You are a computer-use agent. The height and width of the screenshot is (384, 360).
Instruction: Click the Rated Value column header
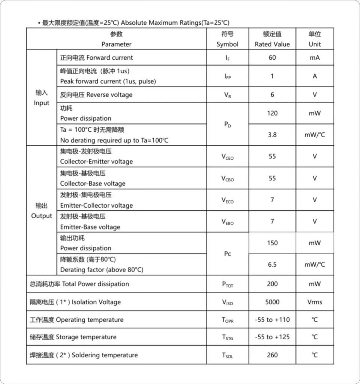point(272,39)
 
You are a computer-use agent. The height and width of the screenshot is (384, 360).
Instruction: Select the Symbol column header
point(227,39)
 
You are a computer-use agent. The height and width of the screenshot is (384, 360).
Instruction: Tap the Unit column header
point(315,39)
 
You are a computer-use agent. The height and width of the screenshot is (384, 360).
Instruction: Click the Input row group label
point(42,98)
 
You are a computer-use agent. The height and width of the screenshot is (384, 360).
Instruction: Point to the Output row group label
point(42,211)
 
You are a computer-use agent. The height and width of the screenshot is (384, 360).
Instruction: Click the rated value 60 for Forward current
point(272,58)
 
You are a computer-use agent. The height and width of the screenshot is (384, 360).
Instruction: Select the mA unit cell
point(315,58)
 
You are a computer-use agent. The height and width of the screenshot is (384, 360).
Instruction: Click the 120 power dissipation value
point(272,113)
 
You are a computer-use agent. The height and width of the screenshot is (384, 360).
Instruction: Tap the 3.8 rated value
point(272,135)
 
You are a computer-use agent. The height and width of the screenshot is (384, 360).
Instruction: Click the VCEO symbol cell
point(227,157)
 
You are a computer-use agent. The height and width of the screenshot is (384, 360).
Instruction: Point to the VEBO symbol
point(227,222)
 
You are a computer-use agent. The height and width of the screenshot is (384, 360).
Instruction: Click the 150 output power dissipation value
point(272,243)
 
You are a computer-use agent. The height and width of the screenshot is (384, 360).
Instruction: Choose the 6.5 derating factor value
point(272,265)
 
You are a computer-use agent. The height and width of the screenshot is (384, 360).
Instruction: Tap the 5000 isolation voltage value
point(272,302)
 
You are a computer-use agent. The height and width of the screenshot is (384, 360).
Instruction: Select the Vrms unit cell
point(315,302)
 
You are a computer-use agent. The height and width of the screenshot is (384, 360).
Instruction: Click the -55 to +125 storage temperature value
point(272,337)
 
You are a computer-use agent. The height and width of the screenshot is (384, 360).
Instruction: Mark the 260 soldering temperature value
point(272,355)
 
